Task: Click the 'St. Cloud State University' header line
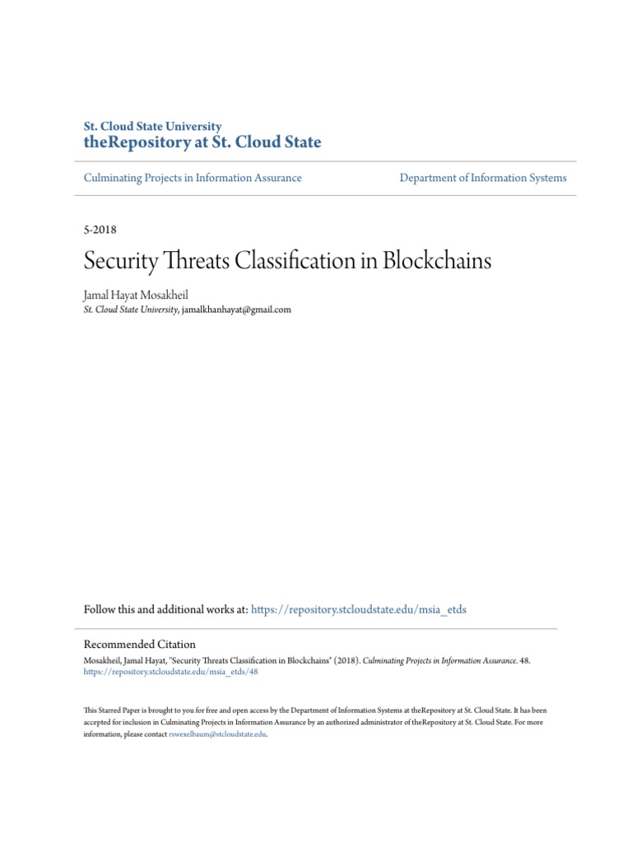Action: pos(153,127)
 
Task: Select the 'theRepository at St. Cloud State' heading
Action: pos(202,143)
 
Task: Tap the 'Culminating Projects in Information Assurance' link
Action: pos(193,178)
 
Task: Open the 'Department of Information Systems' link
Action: pos(483,178)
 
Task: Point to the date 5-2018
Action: pos(100,231)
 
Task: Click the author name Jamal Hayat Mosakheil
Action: pos(142,294)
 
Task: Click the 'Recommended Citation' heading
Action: pos(140,645)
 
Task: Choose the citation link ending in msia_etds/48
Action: pos(172,672)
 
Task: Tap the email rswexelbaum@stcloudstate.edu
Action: pos(217,735)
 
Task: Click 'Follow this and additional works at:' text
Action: pos(165,610)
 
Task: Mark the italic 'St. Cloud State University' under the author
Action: pos(131,310)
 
